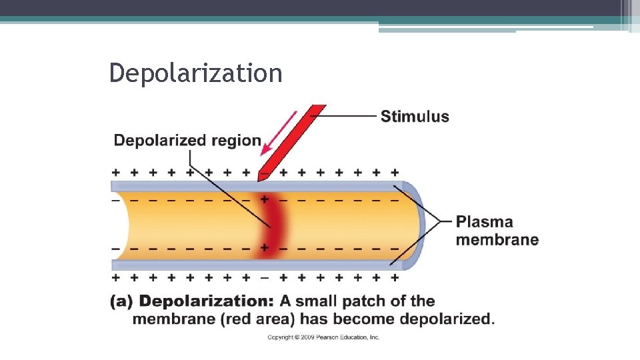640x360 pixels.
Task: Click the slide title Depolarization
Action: point(195,73)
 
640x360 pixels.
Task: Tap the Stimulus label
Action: point(414,117)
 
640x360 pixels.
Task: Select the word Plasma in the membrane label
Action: point(484,222)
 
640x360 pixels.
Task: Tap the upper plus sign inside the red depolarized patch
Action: point(265,199)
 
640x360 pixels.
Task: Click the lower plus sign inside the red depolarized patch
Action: point(265,248)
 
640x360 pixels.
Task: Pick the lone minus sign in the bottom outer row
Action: point(265,277)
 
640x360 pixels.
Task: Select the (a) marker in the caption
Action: point(121,301)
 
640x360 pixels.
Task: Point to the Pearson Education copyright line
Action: point(323,337)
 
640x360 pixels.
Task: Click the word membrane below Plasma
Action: point(497,239)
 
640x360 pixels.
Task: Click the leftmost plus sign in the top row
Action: point(116,172)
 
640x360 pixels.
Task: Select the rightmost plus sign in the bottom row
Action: point(395,277)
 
